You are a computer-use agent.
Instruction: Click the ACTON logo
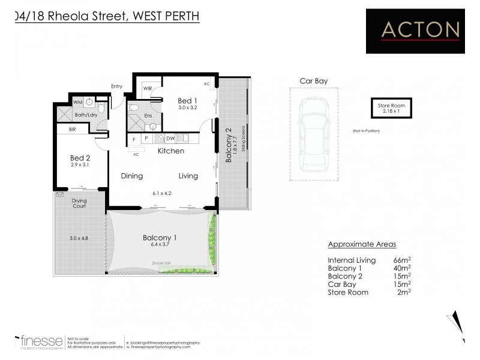click(420, 29)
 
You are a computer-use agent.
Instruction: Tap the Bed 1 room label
click(187, 100)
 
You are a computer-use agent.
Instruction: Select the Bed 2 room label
click(79, 158)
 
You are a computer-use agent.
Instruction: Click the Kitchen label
click(170, 151)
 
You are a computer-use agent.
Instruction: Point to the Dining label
click(131, 176)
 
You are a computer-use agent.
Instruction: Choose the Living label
click(188, 176)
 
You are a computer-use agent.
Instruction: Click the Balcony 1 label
click(159, 238)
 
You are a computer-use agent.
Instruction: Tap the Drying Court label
click(79, 203)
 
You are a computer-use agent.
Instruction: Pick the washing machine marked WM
click(77, 103)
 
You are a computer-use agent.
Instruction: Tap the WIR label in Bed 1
click(147, 88)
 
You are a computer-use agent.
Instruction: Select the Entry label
click(116, 86)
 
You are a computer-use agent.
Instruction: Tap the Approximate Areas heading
click(362, 244)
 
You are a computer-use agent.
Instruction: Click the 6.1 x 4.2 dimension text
click(162, 193)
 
